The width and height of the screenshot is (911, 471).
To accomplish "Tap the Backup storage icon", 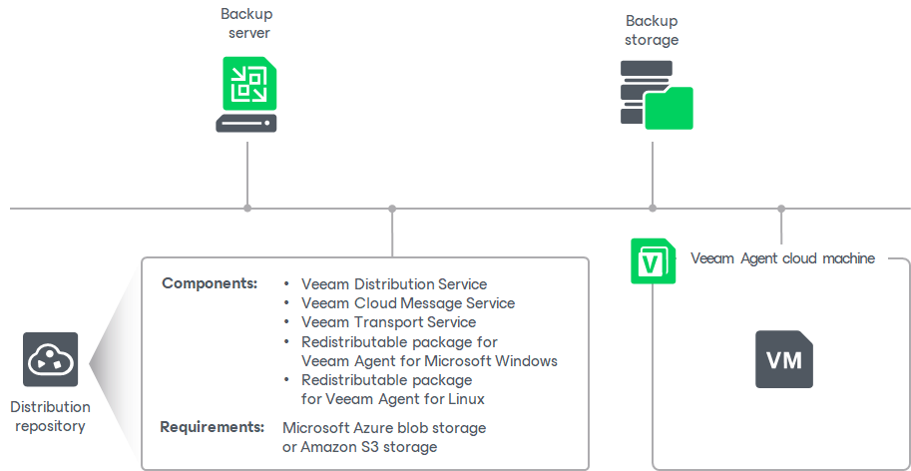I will (x=656, y=95).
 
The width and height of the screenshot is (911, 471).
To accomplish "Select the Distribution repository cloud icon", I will (x=51, y=360).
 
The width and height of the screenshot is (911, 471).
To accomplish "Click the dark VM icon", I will (x=783, y=359).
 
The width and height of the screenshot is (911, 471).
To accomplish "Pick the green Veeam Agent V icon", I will (x=653, y=260).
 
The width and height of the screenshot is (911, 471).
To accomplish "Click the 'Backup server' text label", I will (x=246, y=24).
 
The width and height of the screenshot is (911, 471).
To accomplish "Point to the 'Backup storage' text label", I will (x=652, y=30).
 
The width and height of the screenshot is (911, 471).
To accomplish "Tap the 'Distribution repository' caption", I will (x=51, y=416).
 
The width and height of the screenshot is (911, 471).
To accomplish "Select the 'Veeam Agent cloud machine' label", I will (x=782, y=258).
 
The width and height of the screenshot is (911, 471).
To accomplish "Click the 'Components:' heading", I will (x=210, y=283).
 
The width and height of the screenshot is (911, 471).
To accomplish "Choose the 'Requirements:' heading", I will (x=213, y=427).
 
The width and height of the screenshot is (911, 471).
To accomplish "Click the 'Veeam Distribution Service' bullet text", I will (x=394, y=284).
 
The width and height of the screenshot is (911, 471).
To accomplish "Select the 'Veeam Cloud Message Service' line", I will (x=408, y=303).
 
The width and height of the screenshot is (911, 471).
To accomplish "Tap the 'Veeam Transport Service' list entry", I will (x=388, y=322).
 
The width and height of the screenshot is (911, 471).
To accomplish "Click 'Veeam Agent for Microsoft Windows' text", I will (x=429, y=360).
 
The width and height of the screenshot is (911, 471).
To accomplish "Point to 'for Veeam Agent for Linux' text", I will (x=393, y=399).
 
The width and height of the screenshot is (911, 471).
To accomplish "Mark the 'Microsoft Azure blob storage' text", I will (x=384, y=427).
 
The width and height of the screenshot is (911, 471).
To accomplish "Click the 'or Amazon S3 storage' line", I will (x=359, y=447).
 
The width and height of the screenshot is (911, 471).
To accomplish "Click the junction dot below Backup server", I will (x=247, y=209).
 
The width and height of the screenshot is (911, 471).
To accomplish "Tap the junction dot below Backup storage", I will (x=653, y=209).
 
